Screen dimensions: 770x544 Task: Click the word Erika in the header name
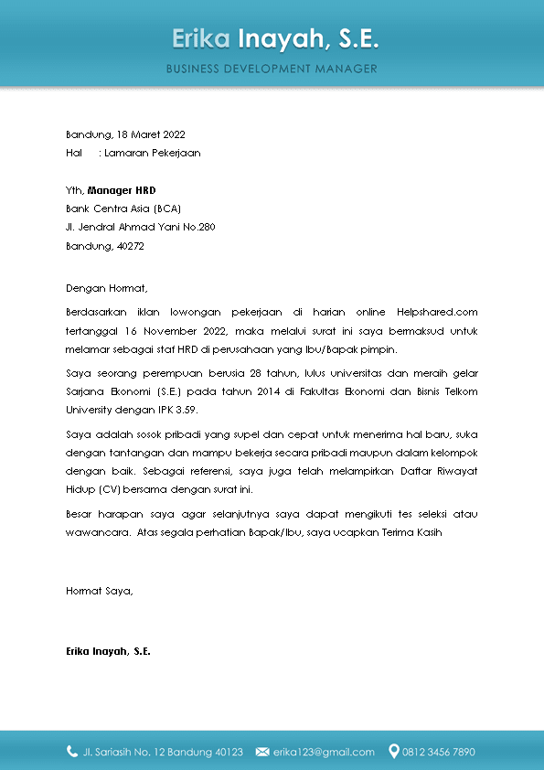click(x=200, y=39)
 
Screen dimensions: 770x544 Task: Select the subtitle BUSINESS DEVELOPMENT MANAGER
click(x=272, y=69)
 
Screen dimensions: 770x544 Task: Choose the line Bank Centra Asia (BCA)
click(x=124, y=209)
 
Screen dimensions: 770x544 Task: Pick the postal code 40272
click(x=129, y=246)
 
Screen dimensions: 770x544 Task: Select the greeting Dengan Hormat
click(x=106, y=288)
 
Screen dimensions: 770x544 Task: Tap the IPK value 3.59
click(x=185, y=410)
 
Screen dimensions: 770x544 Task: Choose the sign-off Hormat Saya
click(x=100, y=591)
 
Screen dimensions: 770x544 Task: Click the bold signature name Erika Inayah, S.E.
click(x=108, y=652)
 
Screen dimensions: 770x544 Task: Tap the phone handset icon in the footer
click(x=72, y=752)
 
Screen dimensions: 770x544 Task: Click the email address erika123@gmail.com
click(x=324, y=753)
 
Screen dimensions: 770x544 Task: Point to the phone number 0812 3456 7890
click(x=439, y=753)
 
